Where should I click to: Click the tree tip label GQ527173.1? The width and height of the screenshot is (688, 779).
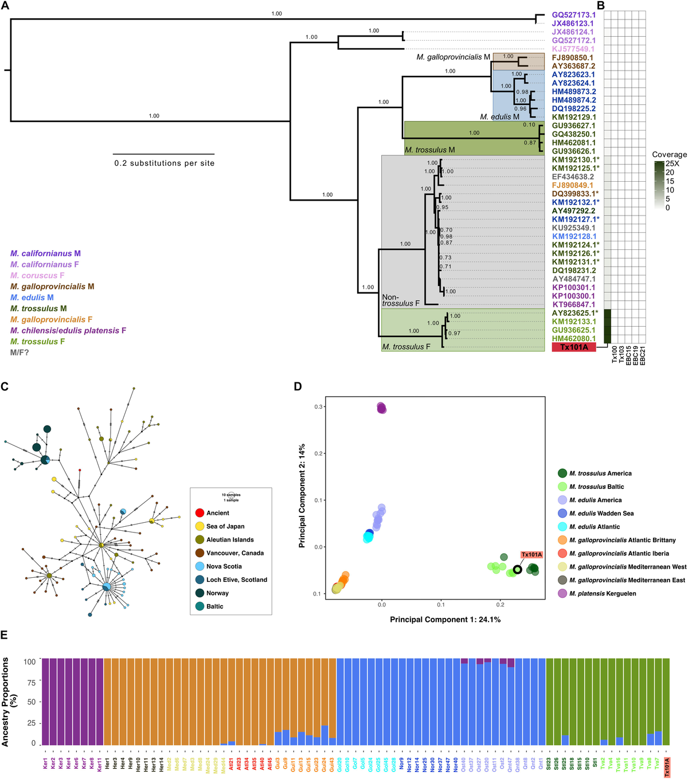tap(573, 15)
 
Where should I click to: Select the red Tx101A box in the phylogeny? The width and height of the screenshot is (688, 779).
tap(573, 347)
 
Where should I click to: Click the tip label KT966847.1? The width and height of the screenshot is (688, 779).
tap(573, 304)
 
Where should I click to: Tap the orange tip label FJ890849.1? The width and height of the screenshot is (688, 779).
tap(573, 185)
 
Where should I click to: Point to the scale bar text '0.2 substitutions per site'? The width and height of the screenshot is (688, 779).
tap(164, 163)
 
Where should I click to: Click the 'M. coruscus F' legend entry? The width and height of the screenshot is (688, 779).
tap(37, 275)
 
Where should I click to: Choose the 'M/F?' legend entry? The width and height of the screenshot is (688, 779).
tap(19, 353)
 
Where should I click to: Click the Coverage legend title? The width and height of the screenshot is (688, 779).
tap(669, 155)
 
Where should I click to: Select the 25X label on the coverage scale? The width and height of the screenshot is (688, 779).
tap(672, 163)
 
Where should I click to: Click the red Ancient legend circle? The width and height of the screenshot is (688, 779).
tap(200, 512)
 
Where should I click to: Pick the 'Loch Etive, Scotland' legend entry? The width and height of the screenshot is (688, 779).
tap(236, 580)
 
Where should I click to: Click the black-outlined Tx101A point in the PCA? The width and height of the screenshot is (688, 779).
tap(517, 569)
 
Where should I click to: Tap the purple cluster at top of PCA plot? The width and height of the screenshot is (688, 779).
tap(382, 408)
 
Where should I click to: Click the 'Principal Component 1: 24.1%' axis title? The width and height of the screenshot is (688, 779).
tap(445, 620)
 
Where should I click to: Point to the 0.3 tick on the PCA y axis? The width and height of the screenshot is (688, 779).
tap(319, 407)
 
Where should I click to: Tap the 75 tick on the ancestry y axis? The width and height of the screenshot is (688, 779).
tap(31, 683)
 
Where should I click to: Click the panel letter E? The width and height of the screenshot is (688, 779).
tap(5, 635)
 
